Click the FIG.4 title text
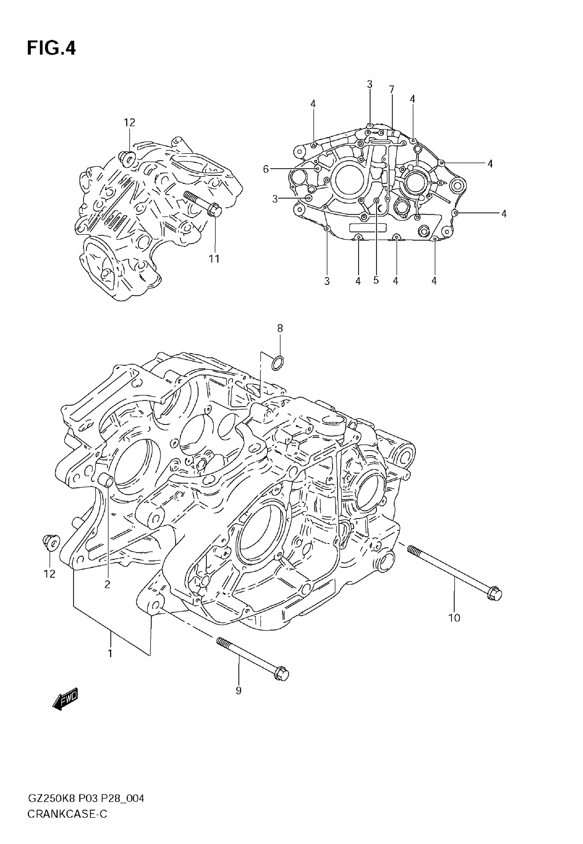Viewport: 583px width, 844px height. pos(51,48)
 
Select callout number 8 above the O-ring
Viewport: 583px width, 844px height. pos(280,328)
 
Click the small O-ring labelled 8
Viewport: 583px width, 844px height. pos(278,363)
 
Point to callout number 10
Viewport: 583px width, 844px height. pos(454,618)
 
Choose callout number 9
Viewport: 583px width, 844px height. pos(239,690)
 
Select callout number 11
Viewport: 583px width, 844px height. pos(214,259)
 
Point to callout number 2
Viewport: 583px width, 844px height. pos(107,584)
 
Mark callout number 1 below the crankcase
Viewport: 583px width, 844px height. pos(110,653)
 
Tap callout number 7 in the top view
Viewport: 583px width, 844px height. pos(392,89)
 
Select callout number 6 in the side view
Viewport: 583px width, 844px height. pos(266,169)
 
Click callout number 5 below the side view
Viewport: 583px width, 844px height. pos(376,280)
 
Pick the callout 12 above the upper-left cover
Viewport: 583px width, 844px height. pos(129,123)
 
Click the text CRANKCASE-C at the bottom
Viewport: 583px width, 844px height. pos(67,815)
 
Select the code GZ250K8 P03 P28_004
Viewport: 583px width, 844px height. pos(86,799)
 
